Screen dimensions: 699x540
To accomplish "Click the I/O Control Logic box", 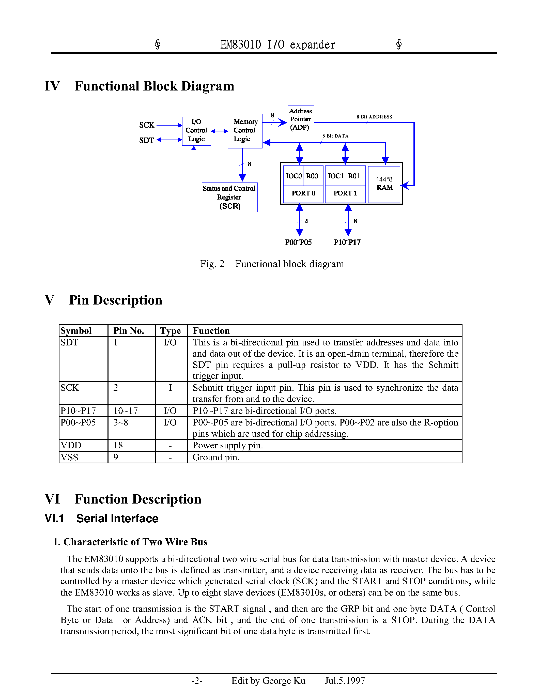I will pos(196,131).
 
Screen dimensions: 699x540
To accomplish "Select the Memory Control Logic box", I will pos(245,131).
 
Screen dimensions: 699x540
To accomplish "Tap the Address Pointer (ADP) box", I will pos(300,119).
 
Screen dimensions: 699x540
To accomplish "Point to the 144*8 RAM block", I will pos(384,184).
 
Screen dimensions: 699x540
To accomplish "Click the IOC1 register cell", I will pos(335,176).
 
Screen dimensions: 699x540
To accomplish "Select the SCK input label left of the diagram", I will pos(147,125).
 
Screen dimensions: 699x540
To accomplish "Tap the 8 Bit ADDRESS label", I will pos(374,117).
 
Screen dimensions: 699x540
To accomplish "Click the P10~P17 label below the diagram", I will pos(347,242).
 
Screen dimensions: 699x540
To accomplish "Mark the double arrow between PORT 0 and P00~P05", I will pos(299,220).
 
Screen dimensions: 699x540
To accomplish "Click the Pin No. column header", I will pos(129,331).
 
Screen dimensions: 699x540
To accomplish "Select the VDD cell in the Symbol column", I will pos(71,445).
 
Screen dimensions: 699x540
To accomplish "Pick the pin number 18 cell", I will pos(118,445).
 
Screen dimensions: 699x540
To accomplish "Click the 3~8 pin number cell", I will pos(121,422).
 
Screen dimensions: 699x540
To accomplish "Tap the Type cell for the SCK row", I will pos(171,388).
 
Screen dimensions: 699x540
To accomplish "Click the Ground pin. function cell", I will pos(216,457).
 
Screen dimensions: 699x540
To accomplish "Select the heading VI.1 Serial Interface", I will pos(101,519).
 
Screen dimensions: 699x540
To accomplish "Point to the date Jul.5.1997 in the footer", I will pos(345,680).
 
